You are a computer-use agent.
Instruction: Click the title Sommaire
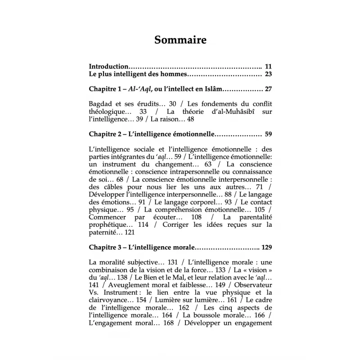click(180, 40)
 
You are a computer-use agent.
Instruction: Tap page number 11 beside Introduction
click(269, 66)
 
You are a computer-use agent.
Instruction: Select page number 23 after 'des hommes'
click(269, 74)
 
